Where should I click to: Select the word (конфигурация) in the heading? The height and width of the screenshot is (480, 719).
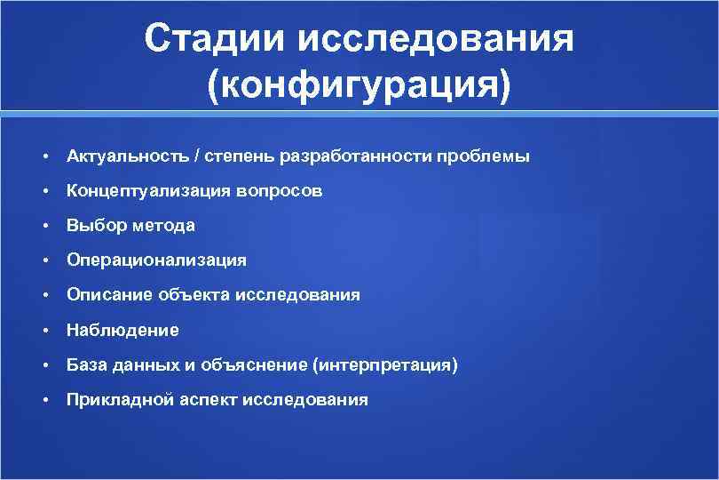coord(359,86)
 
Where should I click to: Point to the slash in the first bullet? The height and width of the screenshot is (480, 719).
coord(197,156)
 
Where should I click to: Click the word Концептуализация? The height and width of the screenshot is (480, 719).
coord(148,191)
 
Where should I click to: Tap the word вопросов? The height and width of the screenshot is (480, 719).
coord(279,191)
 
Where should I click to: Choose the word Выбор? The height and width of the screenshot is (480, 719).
coord(97,226)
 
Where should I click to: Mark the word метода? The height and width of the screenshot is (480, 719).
coord(163,226)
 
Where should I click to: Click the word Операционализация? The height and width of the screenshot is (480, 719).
coord(156,260)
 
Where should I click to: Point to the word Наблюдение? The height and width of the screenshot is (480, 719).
coord(122,330)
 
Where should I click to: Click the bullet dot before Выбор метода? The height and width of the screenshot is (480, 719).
coord(43,226)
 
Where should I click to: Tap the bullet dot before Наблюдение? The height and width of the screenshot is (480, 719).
coord(43,331)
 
